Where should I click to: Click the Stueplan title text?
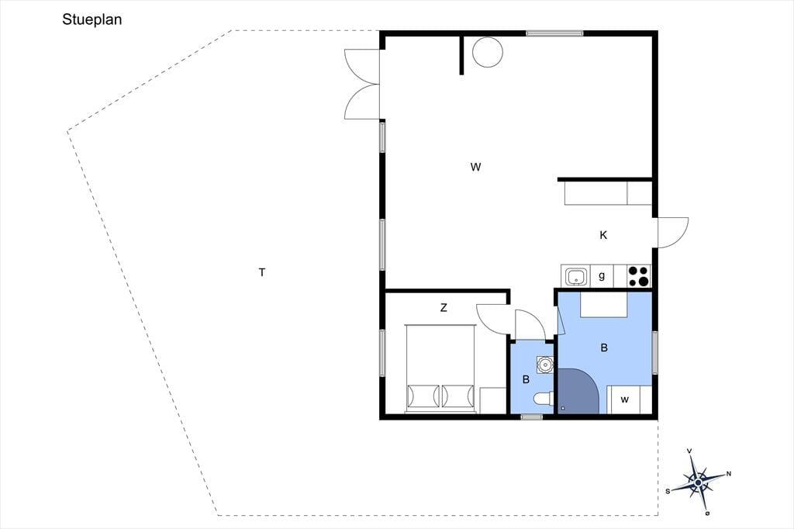tap(91, 19)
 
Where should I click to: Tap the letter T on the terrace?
tap(262, 272)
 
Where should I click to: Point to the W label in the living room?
tap(475, 167)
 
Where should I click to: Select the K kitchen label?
tap(603, 235)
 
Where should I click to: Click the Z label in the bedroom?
tap(444, 308)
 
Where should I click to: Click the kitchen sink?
tap(576, 277)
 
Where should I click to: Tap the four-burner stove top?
tap(639, 277)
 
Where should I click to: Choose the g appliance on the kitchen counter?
tap(602, 276)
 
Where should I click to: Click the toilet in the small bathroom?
tap(544, 398)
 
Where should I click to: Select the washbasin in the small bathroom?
tap(545, 365)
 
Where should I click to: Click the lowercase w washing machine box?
tap(624, 399)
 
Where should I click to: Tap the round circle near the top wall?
tap(488, 52)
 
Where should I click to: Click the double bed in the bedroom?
tap(440, 368)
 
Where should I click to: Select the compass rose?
tap(699, 482)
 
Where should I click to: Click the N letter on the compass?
tap(729, 474)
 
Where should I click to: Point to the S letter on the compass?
tap(668, 490)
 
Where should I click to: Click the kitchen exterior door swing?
tap(673, 233)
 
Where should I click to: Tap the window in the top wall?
tap(554, 33)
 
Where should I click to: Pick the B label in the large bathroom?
tap(603, 348)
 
